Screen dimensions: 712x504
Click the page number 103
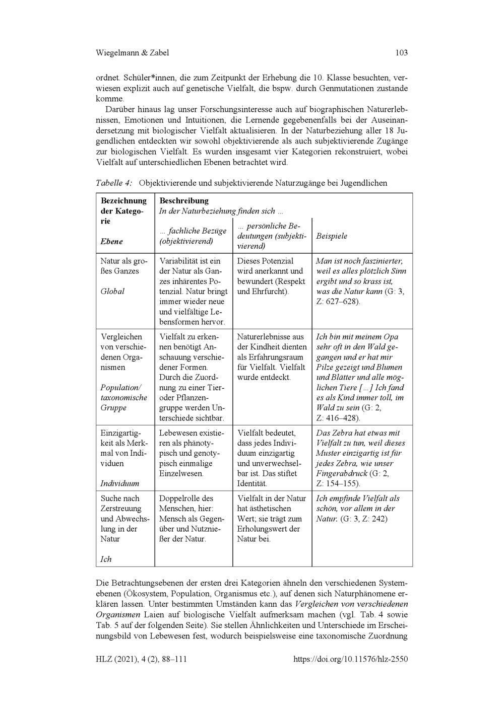coord(401,53)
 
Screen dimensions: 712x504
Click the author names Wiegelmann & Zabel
coord(132,53)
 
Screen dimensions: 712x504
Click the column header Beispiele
coord(332,236)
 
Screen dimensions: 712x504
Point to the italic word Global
coord(112,292)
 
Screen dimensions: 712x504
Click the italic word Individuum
coord(119,483)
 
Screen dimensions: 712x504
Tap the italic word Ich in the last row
coord(106,559)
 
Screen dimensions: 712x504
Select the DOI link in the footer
coord(350,659)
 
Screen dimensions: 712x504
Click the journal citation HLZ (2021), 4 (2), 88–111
coord(141,659)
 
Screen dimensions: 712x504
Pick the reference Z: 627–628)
coord(338,302)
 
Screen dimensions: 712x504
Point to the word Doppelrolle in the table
coord(179,499)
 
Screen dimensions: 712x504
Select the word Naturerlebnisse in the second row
coord(263,337)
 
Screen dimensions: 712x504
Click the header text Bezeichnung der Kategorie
coord(123,211)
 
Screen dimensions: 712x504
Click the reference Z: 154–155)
coord(338,483)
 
